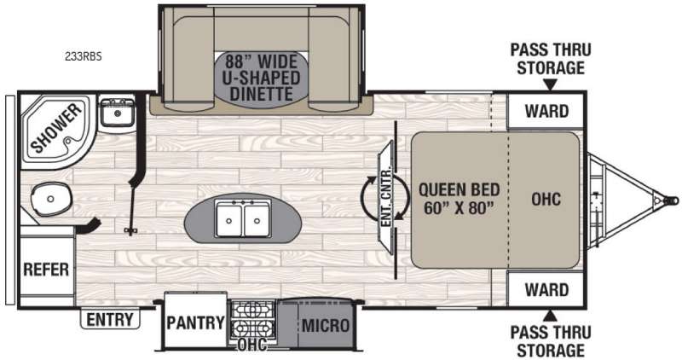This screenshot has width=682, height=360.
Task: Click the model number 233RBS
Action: pyautogui.click(x=84, y=56)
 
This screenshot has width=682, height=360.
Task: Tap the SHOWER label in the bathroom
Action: pyautogui.click(x=55, y=128)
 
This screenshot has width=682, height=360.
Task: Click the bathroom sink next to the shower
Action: pyautogui.click(x=117, y=112)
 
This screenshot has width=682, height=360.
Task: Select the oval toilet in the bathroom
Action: pyautogui.click(x=50, y=199)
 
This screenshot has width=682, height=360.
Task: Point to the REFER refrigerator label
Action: pyautogui.click(x=46, y=270)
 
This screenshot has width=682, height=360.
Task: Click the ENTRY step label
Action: pyautogui.click(x=110, y=320)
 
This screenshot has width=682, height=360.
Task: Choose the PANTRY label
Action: pyautogui.click(x=196, y=322)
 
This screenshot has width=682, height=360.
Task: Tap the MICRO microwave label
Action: pyautogui.click(x=326, y=325)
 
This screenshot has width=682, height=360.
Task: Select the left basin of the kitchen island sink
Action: pyautogui.click(x=229, y=219)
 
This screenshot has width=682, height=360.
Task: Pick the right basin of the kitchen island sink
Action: pyautogui.click(x=257, y=219)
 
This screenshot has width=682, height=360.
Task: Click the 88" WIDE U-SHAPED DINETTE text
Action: pyautogui.click(x=261, y=78)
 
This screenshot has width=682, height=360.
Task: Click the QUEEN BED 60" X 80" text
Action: pyautogui.click(x=459, y=199)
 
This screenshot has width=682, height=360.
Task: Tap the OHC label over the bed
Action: pyautogui.click(x=546, y=199)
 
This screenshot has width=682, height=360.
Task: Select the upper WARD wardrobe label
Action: pyautogui.click(x=546, y=112)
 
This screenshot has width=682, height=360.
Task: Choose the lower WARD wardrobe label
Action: pyautogui.click(x=546, y=289)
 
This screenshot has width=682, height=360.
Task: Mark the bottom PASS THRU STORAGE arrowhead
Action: pyautogui.click(x=550, y=315)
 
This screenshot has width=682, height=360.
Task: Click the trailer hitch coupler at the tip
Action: pyautogui.click(x=670, y=200)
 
